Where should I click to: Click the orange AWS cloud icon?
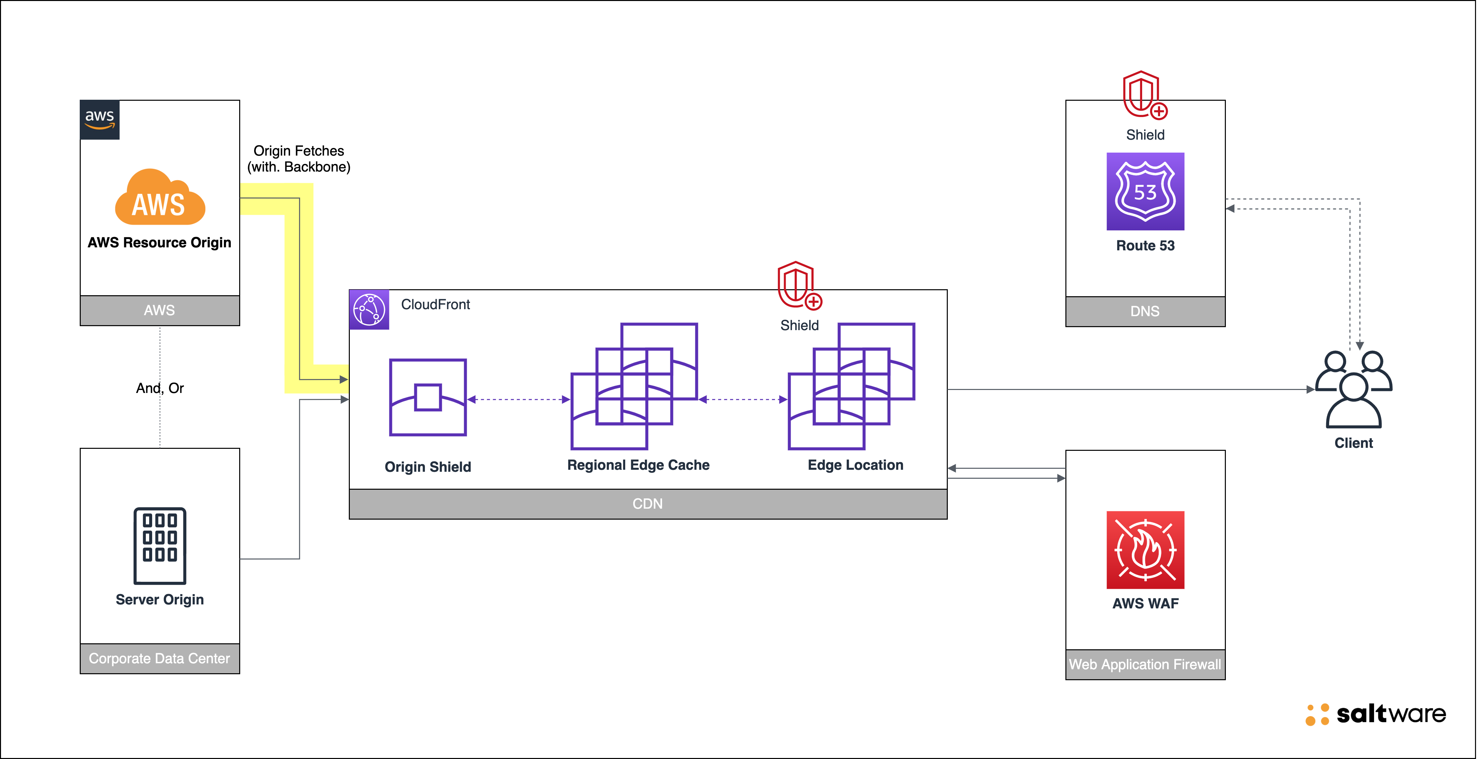click(x=160, y=198)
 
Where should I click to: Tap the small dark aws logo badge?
click(x=99, y=119)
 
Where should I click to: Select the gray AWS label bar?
click(x=159, y=311)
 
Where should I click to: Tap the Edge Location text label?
click(x=855, y=465)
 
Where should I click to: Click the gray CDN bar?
click(x=647, y=504)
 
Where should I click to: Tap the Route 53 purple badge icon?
click(x=1145, y=191)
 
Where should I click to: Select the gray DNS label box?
click(x=1145, y=312)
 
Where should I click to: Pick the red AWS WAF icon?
click(x=1145, y=550)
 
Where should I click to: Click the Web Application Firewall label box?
click(x=1145, y=664)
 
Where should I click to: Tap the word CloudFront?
click(x=435, y=304)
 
